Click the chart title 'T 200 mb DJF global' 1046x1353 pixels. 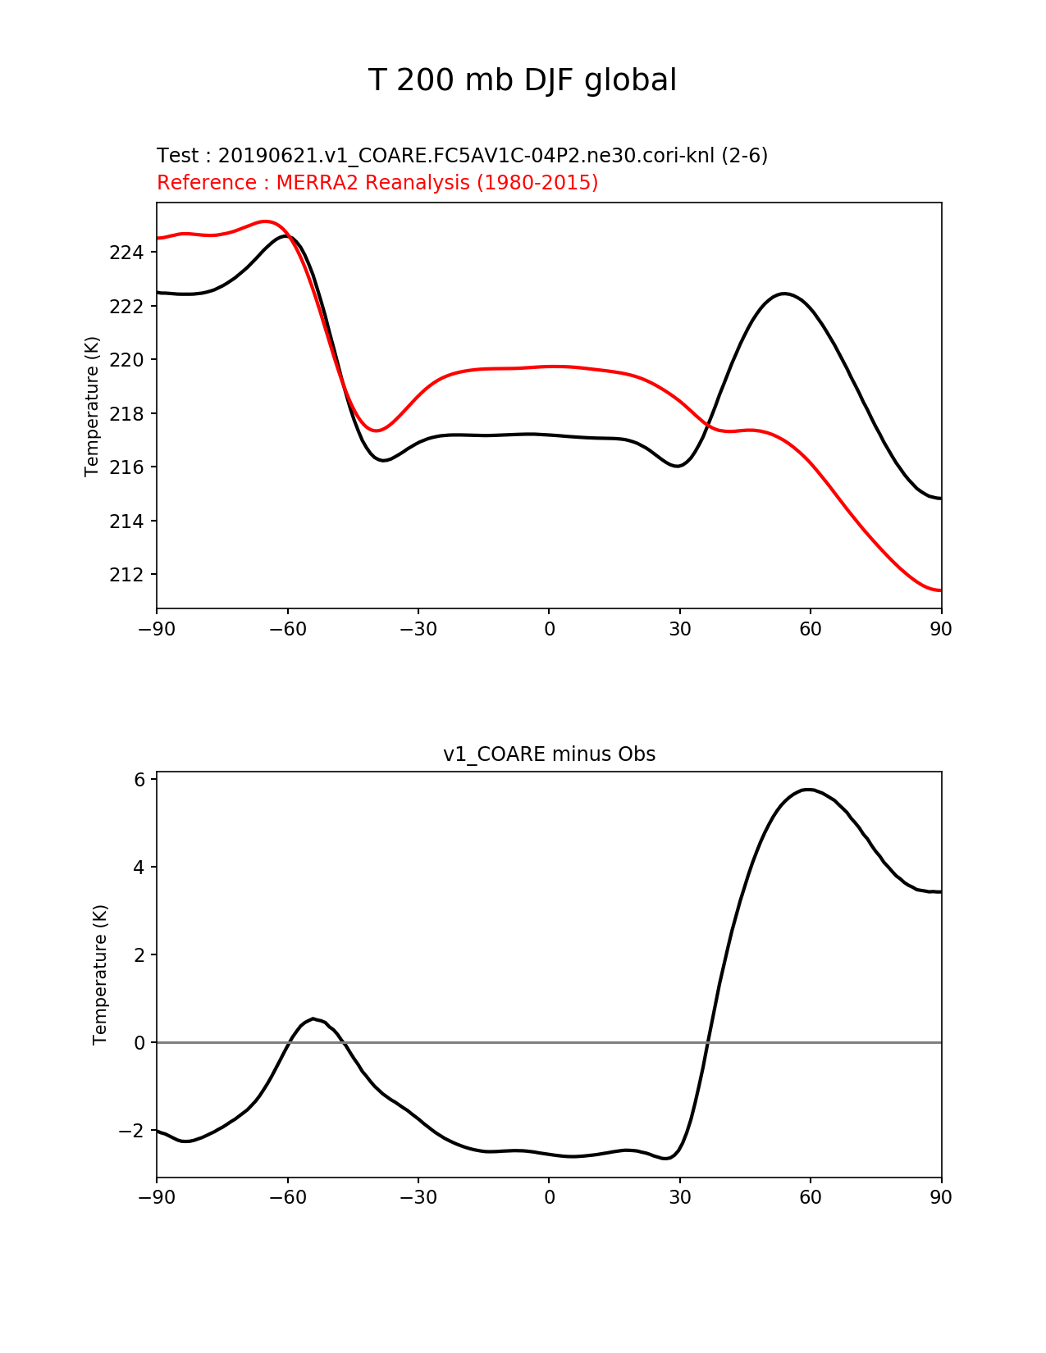pos(522,80)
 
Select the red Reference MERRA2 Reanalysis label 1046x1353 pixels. pos(377,182)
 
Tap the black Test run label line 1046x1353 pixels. pos(462,155)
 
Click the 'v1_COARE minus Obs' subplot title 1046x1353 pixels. pos(549,754)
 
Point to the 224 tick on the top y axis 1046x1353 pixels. pos(126,253)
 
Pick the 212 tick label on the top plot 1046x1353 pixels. pos(126,575)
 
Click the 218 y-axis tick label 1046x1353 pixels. pos(126,414)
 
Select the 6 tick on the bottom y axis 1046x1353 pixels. pos(139,780)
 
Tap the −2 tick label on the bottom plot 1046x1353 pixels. pos(131,1131)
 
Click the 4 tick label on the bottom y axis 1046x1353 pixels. pos(139,868)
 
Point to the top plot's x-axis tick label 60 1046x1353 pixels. pos(810,629)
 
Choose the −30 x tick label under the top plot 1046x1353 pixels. pos(418,629)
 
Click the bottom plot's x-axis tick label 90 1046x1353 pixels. pos(941,1197)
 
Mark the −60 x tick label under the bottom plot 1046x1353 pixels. pos(287,1197)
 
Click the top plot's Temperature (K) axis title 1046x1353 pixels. pos(92,406)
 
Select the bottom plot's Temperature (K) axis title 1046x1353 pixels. pos(100,974)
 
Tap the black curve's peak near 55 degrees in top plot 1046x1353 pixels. pos(784,294)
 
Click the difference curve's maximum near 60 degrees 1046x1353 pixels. pos(808,790)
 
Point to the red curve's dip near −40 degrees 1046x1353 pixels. pos(377,430)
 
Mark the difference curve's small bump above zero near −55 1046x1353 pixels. pos(313,1019)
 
